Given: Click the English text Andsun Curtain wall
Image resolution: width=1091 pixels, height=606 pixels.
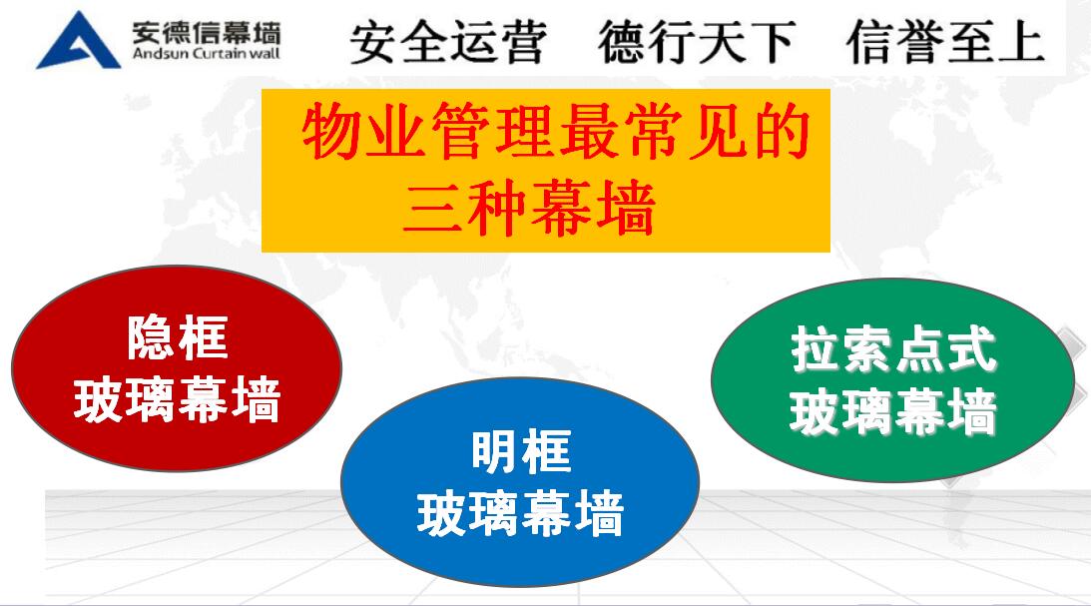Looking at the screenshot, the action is (206, 54).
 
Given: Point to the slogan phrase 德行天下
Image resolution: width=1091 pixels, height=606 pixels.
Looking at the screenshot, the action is (697, 43).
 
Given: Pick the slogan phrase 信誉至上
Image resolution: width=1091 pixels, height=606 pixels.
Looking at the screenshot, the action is (945, 43).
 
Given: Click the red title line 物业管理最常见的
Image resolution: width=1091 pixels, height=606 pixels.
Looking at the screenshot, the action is (557, 131).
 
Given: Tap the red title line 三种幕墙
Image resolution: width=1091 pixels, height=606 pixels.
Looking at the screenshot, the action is (529, 207).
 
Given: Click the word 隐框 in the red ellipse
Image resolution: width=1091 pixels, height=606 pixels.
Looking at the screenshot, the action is (178, 337).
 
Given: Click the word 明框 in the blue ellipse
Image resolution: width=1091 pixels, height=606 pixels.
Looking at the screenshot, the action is (521, 451).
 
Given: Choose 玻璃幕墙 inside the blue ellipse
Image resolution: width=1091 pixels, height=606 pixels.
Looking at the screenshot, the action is (520, 513).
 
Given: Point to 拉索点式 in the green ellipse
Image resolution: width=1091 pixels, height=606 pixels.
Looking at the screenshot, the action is (894, 349).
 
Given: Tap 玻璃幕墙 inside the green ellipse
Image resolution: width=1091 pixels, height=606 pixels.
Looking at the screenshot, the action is (894, 412).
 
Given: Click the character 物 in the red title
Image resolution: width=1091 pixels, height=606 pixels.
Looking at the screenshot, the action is (332, 131).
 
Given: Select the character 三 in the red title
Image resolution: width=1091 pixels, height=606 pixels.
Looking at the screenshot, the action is (433, 208).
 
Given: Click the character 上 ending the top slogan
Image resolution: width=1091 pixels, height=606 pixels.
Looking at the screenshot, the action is (1021, 43).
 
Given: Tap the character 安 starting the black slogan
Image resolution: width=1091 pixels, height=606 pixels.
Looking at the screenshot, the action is (374, 43).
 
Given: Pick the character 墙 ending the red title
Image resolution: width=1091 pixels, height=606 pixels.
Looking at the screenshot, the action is (626, 208).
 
